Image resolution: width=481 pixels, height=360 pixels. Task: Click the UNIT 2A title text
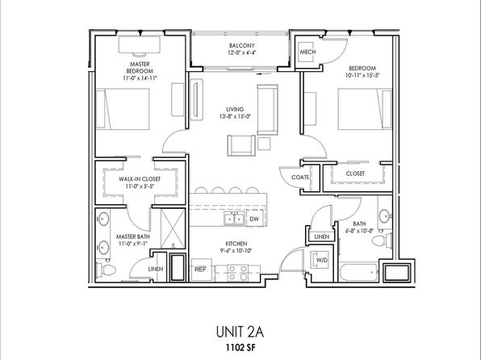tap(240, 332)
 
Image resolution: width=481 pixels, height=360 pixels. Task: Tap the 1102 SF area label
tap(240, 348)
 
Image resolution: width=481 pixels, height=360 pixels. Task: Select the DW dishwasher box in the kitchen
tap(254, 219)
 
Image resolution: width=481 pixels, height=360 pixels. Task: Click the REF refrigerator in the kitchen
tap(201, 270)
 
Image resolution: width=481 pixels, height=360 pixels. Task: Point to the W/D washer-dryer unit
tap(320, 260)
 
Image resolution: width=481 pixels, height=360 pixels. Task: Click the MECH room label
tap(307, 52)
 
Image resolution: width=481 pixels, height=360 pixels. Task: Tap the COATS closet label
tap(300, 177)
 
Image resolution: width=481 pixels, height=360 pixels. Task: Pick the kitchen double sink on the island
tap(234, 219)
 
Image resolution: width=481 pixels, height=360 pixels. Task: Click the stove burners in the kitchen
tap(238, 273)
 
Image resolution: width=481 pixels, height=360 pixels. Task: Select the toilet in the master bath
tap(106, 270)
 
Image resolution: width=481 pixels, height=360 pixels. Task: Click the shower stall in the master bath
tap(173, 228)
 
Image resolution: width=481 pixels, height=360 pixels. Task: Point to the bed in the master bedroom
tap(123, 109)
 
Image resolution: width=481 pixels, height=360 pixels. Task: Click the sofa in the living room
tap(267, 110)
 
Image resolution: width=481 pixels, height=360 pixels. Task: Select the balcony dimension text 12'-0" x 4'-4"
tap(242, 52)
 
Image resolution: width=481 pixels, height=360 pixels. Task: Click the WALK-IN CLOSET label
tap(140, 178)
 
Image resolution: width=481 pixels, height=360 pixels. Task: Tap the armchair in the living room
tap(241, 145)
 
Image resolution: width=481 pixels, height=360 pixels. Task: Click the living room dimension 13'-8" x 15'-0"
tap(236, 116)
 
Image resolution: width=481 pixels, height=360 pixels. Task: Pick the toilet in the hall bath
tap(382, 240)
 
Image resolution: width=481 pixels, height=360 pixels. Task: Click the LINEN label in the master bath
tap(156, 269)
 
